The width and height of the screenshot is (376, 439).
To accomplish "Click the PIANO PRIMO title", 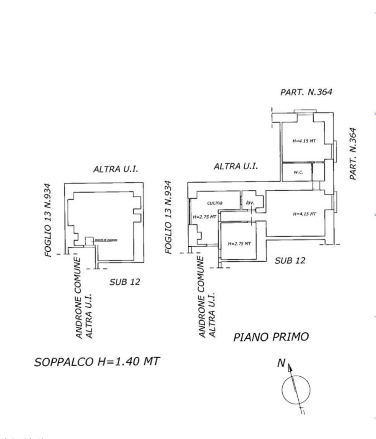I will (x=271, y=337).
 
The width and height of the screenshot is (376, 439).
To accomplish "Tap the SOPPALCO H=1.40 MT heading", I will (x=97, y=361).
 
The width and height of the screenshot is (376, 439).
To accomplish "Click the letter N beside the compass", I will (x=281, y=363).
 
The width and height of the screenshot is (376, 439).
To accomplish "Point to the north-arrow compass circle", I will (x=296, y=390).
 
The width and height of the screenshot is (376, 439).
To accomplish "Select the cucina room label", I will (x=215, y=203).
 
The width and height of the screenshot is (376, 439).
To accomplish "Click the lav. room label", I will (x=249, y=203).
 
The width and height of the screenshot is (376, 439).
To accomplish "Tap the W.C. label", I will (x=298, y=172).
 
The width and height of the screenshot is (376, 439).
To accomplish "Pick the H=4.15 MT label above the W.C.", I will (x=304, y=141).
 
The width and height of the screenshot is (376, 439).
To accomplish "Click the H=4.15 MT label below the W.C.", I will (x=304, y=214).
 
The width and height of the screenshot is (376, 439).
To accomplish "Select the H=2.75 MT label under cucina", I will (x=205, y=217).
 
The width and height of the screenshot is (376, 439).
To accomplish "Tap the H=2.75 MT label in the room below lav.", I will (x=239, y=243).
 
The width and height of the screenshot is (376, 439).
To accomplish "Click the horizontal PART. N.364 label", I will (x=306, y=92).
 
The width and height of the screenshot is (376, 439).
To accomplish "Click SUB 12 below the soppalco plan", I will (x=125, y=282).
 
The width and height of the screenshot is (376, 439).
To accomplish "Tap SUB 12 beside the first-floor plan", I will (x=290, y=260).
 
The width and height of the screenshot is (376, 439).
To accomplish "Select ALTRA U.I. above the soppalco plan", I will (x=115, y=169).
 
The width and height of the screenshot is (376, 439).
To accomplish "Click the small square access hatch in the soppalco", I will (x=89, y=241).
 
